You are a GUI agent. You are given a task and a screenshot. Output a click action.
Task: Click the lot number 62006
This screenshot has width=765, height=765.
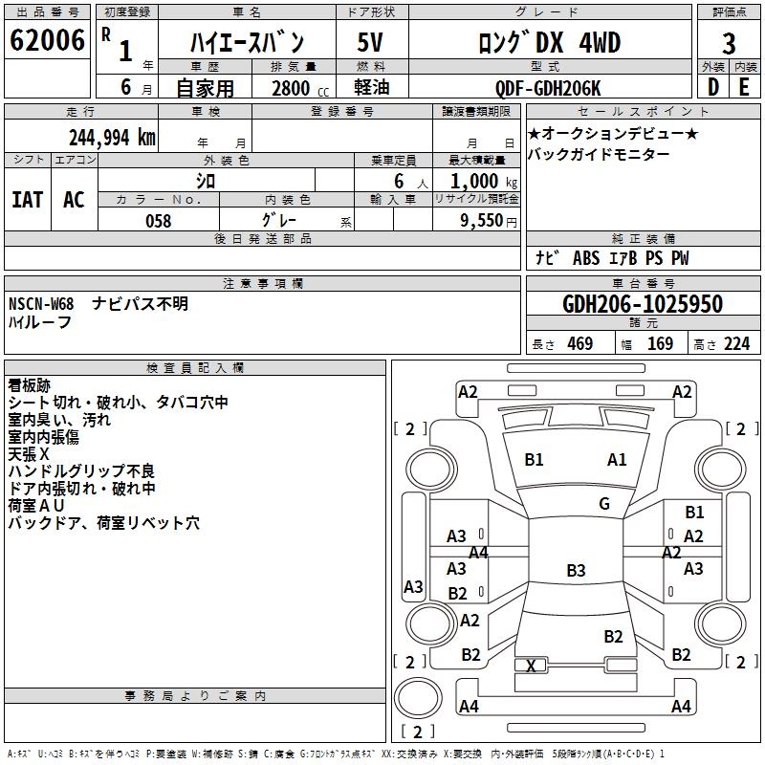tap(47, 40)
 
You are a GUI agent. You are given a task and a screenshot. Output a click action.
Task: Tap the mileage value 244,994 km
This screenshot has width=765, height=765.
tap(112, 137)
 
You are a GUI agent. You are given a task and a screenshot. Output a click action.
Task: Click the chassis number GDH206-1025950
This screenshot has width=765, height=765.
tap(643, 304)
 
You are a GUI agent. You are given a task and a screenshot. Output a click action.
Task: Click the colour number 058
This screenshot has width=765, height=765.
tap(158, 220)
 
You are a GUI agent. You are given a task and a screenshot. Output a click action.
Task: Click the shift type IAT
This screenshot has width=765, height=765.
tap(27, 199)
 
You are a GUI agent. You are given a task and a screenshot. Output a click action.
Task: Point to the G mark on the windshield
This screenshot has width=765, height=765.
tap(603, 504)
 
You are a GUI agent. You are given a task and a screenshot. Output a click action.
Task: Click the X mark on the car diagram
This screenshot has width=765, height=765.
tap(532, 666)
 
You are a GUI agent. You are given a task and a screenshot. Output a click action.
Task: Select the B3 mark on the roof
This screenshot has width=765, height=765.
tap(576, 571)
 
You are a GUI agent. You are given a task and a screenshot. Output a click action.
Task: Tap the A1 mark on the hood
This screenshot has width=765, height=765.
tap(617, 460)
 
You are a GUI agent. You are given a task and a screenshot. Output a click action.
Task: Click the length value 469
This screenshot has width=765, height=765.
tap(579, 344)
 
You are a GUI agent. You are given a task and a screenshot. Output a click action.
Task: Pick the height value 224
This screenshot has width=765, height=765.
tap(736, 344)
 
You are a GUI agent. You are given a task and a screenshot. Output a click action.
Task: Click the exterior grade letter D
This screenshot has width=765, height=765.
tap(712, 88)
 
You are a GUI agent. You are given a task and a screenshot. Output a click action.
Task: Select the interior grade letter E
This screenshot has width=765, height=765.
tap(744, 88)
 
